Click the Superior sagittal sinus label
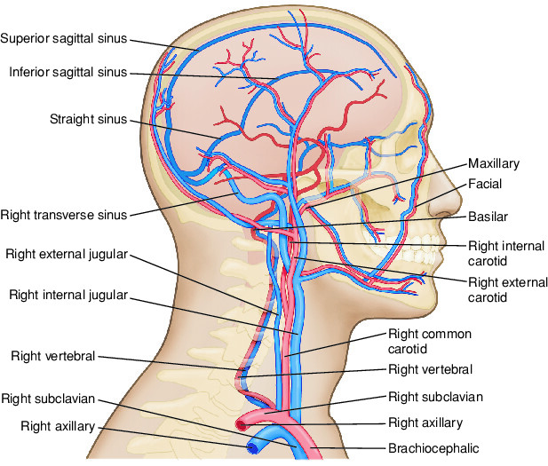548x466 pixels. [65, 38]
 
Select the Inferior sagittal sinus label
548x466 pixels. [68, 71]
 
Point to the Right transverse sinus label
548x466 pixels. [65, 214]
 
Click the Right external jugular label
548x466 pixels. [67, 253]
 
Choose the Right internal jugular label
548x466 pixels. [68, 293]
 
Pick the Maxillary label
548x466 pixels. [494, 164]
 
